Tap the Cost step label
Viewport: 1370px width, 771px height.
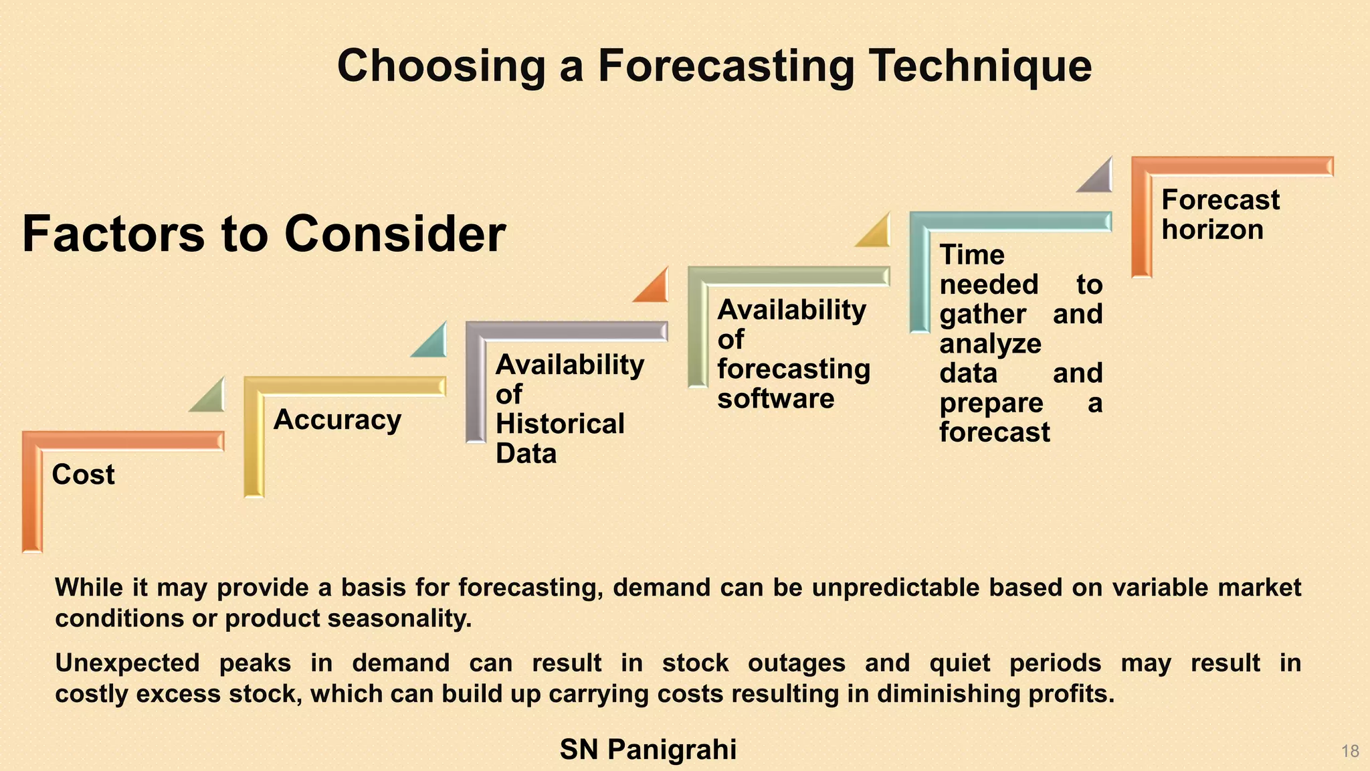(x=83, y=475)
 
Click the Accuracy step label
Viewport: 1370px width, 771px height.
(x=337, y=420)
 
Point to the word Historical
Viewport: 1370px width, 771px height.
(x=560, y=424)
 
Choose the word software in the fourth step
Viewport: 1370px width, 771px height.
(x=775, y=399)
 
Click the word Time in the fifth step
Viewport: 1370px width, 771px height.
(x=971, y=255)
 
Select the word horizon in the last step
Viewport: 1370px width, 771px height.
(x=1212, y=230)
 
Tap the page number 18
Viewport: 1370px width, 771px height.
(x=1350, y=751)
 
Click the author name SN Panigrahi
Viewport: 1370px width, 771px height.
(x=648, y=750)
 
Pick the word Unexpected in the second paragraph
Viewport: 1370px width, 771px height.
(x=127, y=663)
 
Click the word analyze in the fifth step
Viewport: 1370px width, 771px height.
(x=990, y=344)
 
